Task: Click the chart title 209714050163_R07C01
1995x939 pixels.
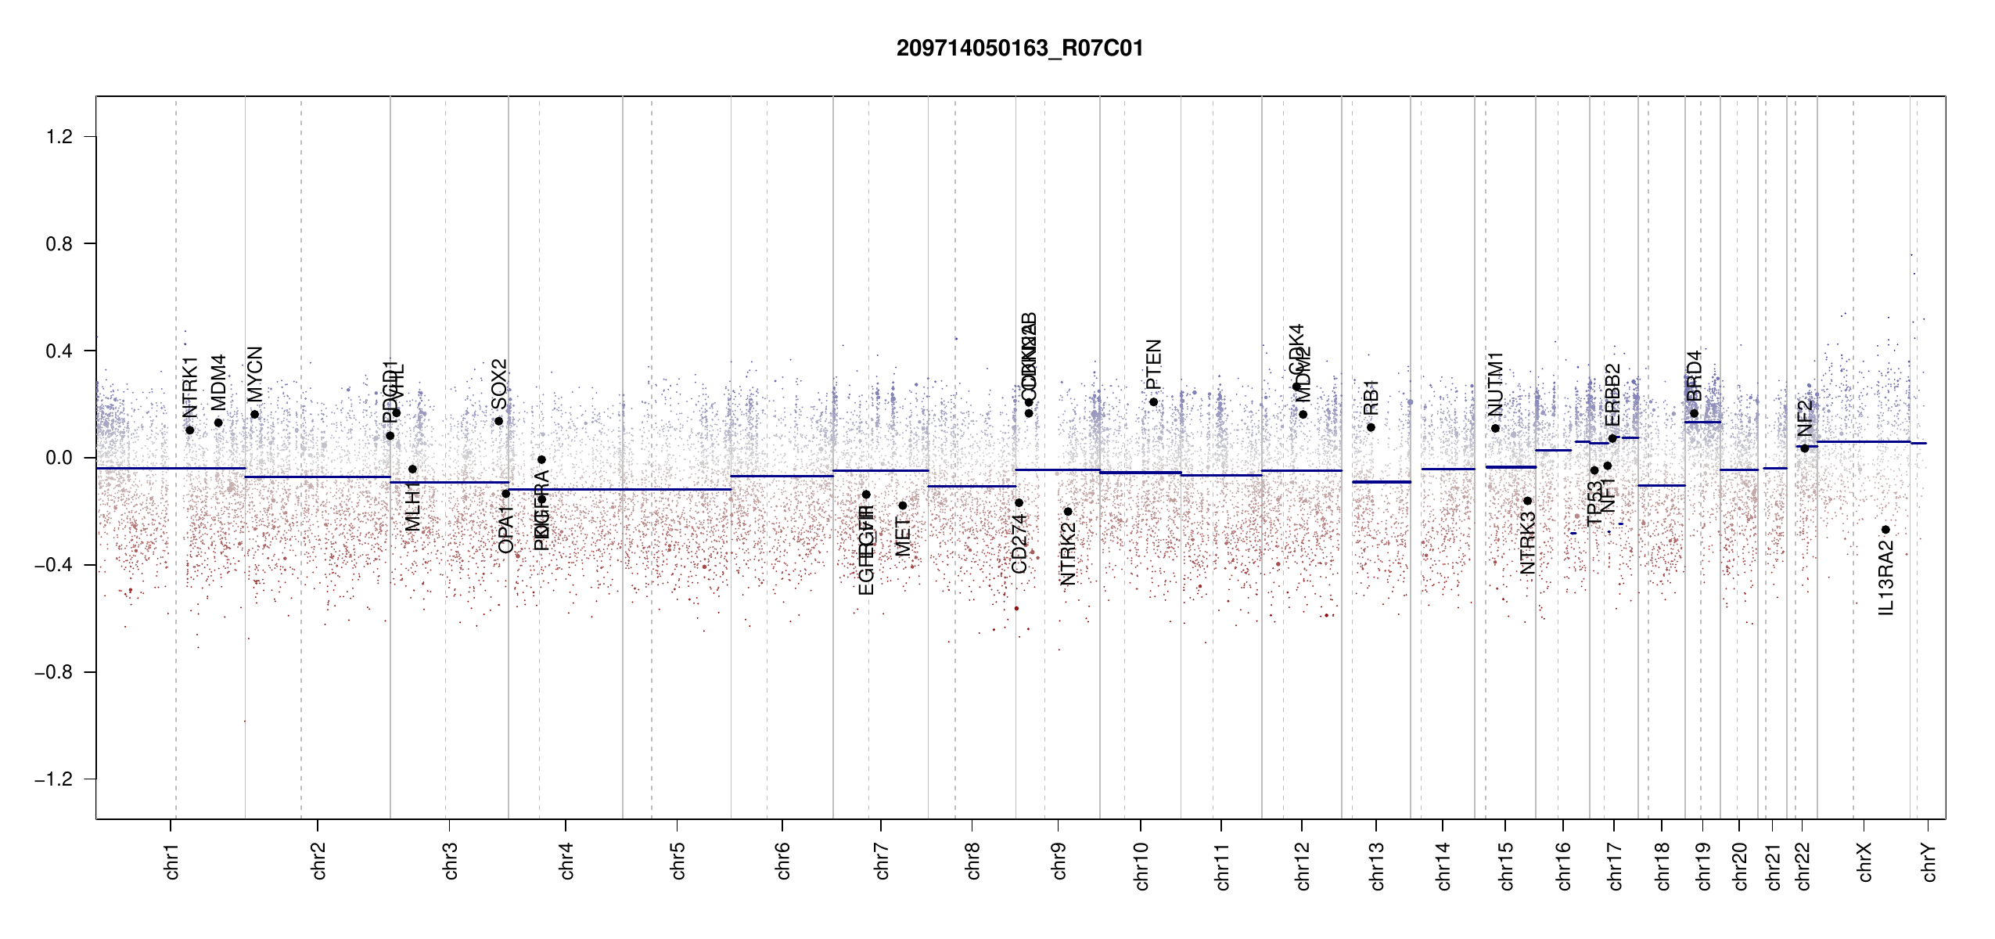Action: (x=1019, y=49)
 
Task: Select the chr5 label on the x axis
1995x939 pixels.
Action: (x=678, y=861)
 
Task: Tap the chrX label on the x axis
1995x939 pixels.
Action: (x=1865, y=862)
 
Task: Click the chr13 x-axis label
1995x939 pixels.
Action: (x=1377, y=865)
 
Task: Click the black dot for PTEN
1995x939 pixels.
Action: (x=1153, y=402)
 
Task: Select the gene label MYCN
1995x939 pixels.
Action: (x=255, y=373)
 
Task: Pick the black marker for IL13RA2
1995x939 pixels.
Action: (x=1885, y=530)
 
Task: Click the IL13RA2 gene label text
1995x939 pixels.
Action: (x=1886, y=578)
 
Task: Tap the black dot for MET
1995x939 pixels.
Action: (x=902, y=505)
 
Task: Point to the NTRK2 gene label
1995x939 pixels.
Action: (x=1068, y=554)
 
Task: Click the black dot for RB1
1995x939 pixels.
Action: (x=1371, y=427)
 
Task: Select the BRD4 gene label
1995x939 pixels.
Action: (x=1695, y=376)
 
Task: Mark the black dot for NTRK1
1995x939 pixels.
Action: (x=189, y=430)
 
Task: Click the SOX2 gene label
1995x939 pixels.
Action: (x=499, y=383)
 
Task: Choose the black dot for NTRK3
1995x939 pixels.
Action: (x=1527, y=501)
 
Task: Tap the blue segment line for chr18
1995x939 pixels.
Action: (x=1661, y=485)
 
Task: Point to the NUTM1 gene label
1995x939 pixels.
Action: (x=1495, y=384)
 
